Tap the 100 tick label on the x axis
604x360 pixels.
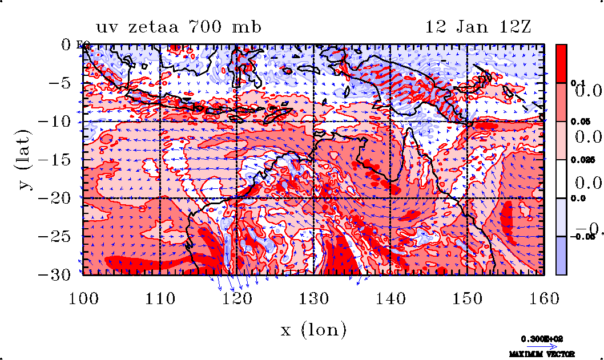tap(83, 297)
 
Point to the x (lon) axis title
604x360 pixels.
tap(313, 329)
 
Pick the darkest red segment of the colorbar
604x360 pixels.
tap(562, 63)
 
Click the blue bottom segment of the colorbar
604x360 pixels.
tap(562, 256)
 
